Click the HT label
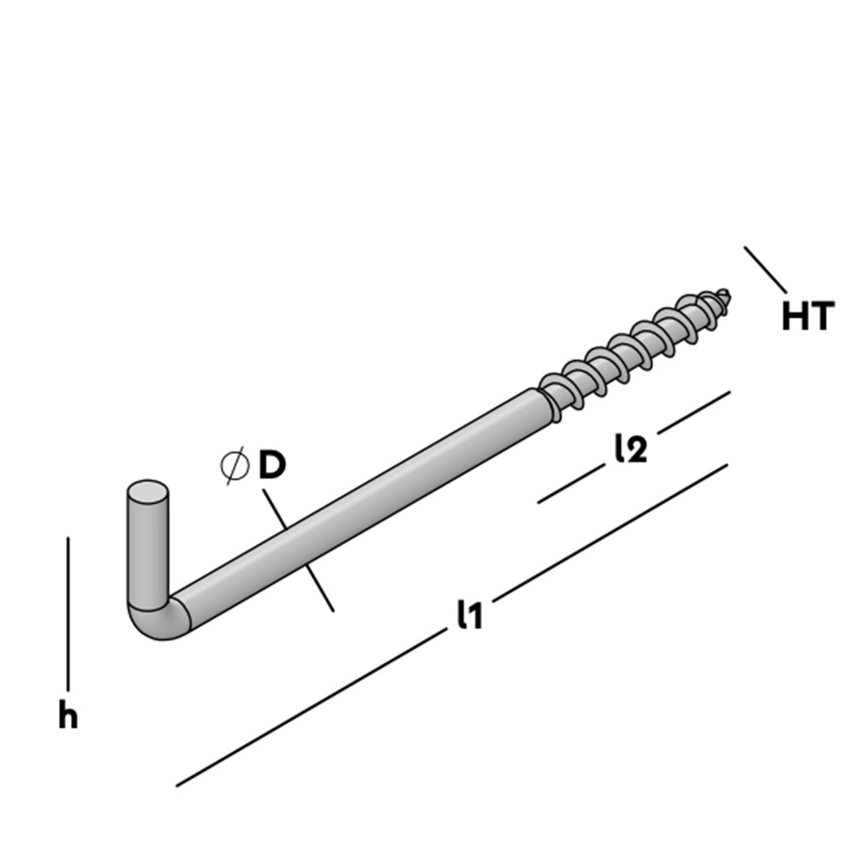[806, 318]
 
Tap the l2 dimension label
[630, 449]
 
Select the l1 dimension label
[468, 615]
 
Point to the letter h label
[68, 716]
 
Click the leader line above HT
[764, 269]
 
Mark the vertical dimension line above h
[68, 612]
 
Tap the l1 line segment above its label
[612, 530]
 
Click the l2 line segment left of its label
[569, 485]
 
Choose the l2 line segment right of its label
[693, 413]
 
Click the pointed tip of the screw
[728, 295]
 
